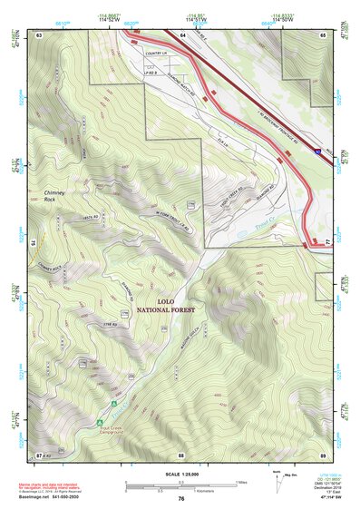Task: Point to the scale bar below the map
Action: tap(181, 486)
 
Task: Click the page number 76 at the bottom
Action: tap(181, 498)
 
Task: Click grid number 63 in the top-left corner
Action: tap(39, 34)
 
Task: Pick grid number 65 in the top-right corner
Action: tap(322, 34)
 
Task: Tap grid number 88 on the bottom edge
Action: tap(181, 454)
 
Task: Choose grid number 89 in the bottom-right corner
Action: tap(322, 454)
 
